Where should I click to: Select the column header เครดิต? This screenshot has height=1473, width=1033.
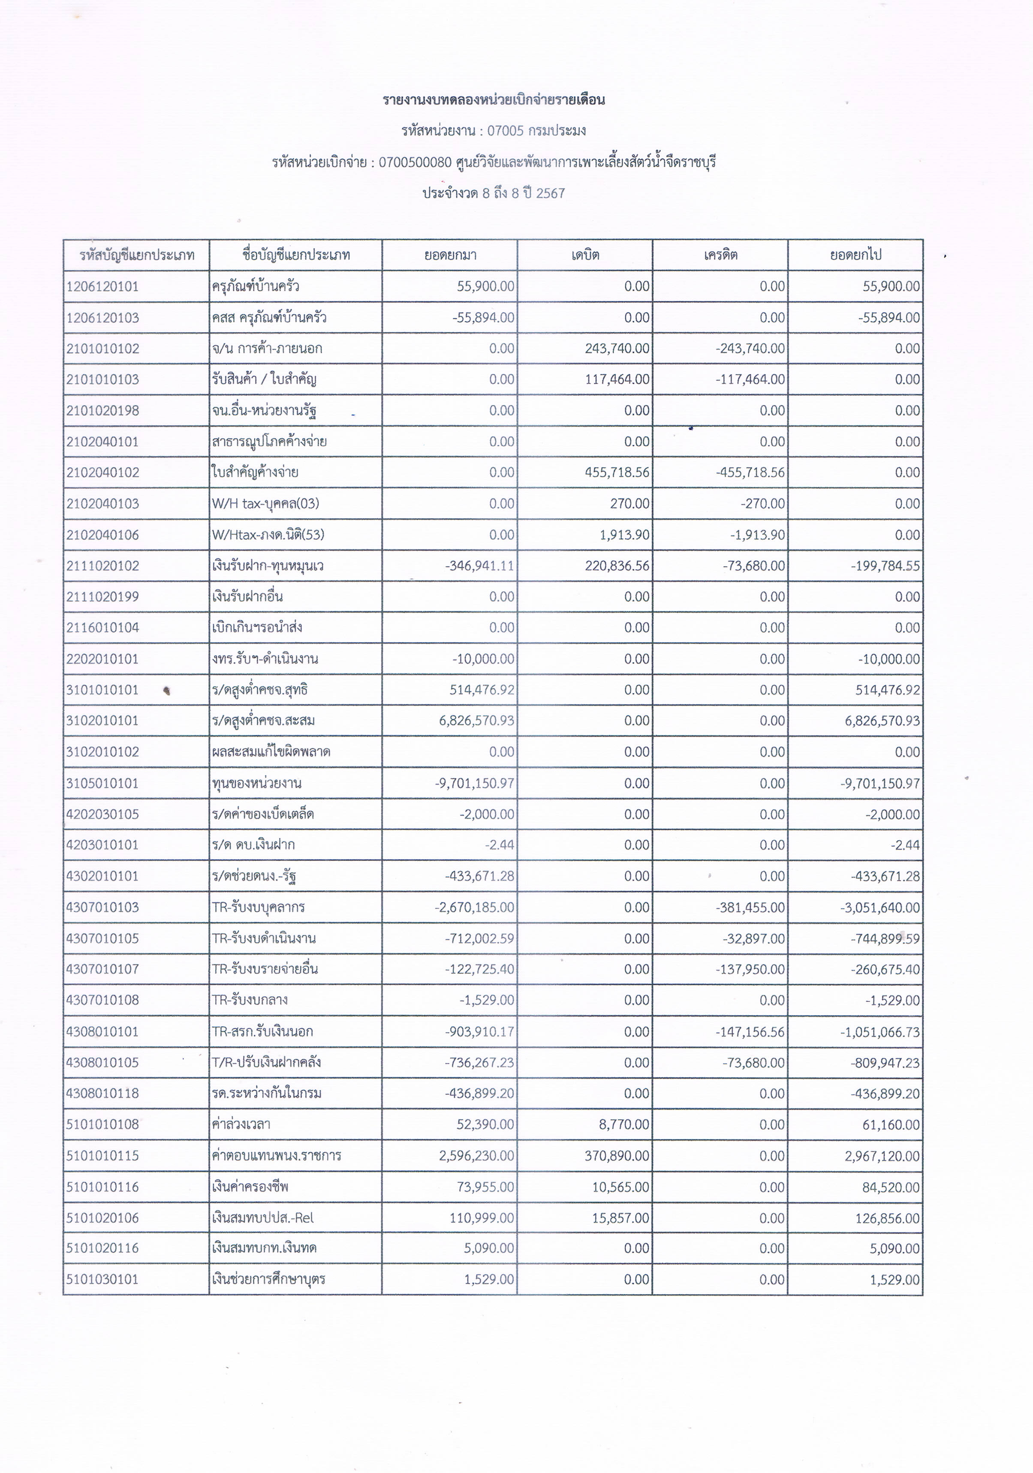[720, 255]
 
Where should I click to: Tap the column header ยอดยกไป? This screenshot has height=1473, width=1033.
[855, 255]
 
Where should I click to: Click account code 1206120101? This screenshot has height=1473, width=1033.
[102, 286]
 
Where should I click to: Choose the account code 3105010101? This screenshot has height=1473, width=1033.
[102, 783]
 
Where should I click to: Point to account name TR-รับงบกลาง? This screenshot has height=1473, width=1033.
[250, 1000]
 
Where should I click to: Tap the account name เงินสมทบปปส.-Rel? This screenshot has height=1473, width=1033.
[262, 1217]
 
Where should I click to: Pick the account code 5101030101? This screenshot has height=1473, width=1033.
[102, 1279]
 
